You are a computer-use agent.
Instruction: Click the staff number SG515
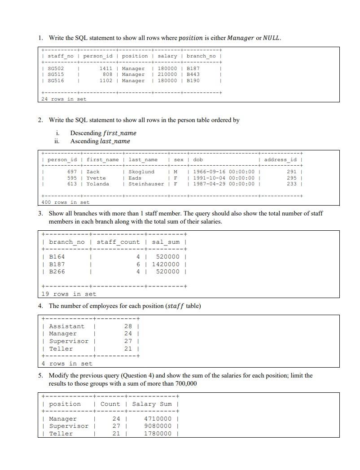(x=56, y=75)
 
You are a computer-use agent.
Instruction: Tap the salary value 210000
(x=167, y=75)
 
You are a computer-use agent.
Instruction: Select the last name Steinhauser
(x=146, y=184)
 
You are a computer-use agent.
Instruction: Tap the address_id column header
(x=280, y=159)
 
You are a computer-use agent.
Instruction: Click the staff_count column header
(x=118, y=242)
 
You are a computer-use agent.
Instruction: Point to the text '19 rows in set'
(x=69, y=294)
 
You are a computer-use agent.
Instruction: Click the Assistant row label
(x=66, y=326)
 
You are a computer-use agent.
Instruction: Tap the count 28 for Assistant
(x=128, y=326)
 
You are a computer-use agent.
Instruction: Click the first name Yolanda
(x=97, y=184)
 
